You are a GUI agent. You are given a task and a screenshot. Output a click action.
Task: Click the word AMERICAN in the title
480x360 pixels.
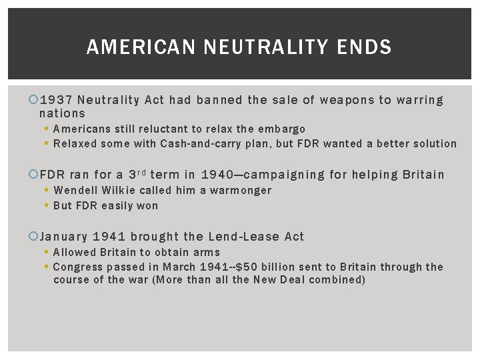(141, 47)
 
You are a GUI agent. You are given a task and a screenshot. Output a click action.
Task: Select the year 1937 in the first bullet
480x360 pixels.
(56, 101)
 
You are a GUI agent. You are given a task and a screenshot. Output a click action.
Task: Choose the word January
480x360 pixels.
(64, 237)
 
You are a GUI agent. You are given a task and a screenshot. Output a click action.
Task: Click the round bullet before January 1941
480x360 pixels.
(35, 237)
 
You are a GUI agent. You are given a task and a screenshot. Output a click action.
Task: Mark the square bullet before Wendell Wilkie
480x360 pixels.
(47, 191)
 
